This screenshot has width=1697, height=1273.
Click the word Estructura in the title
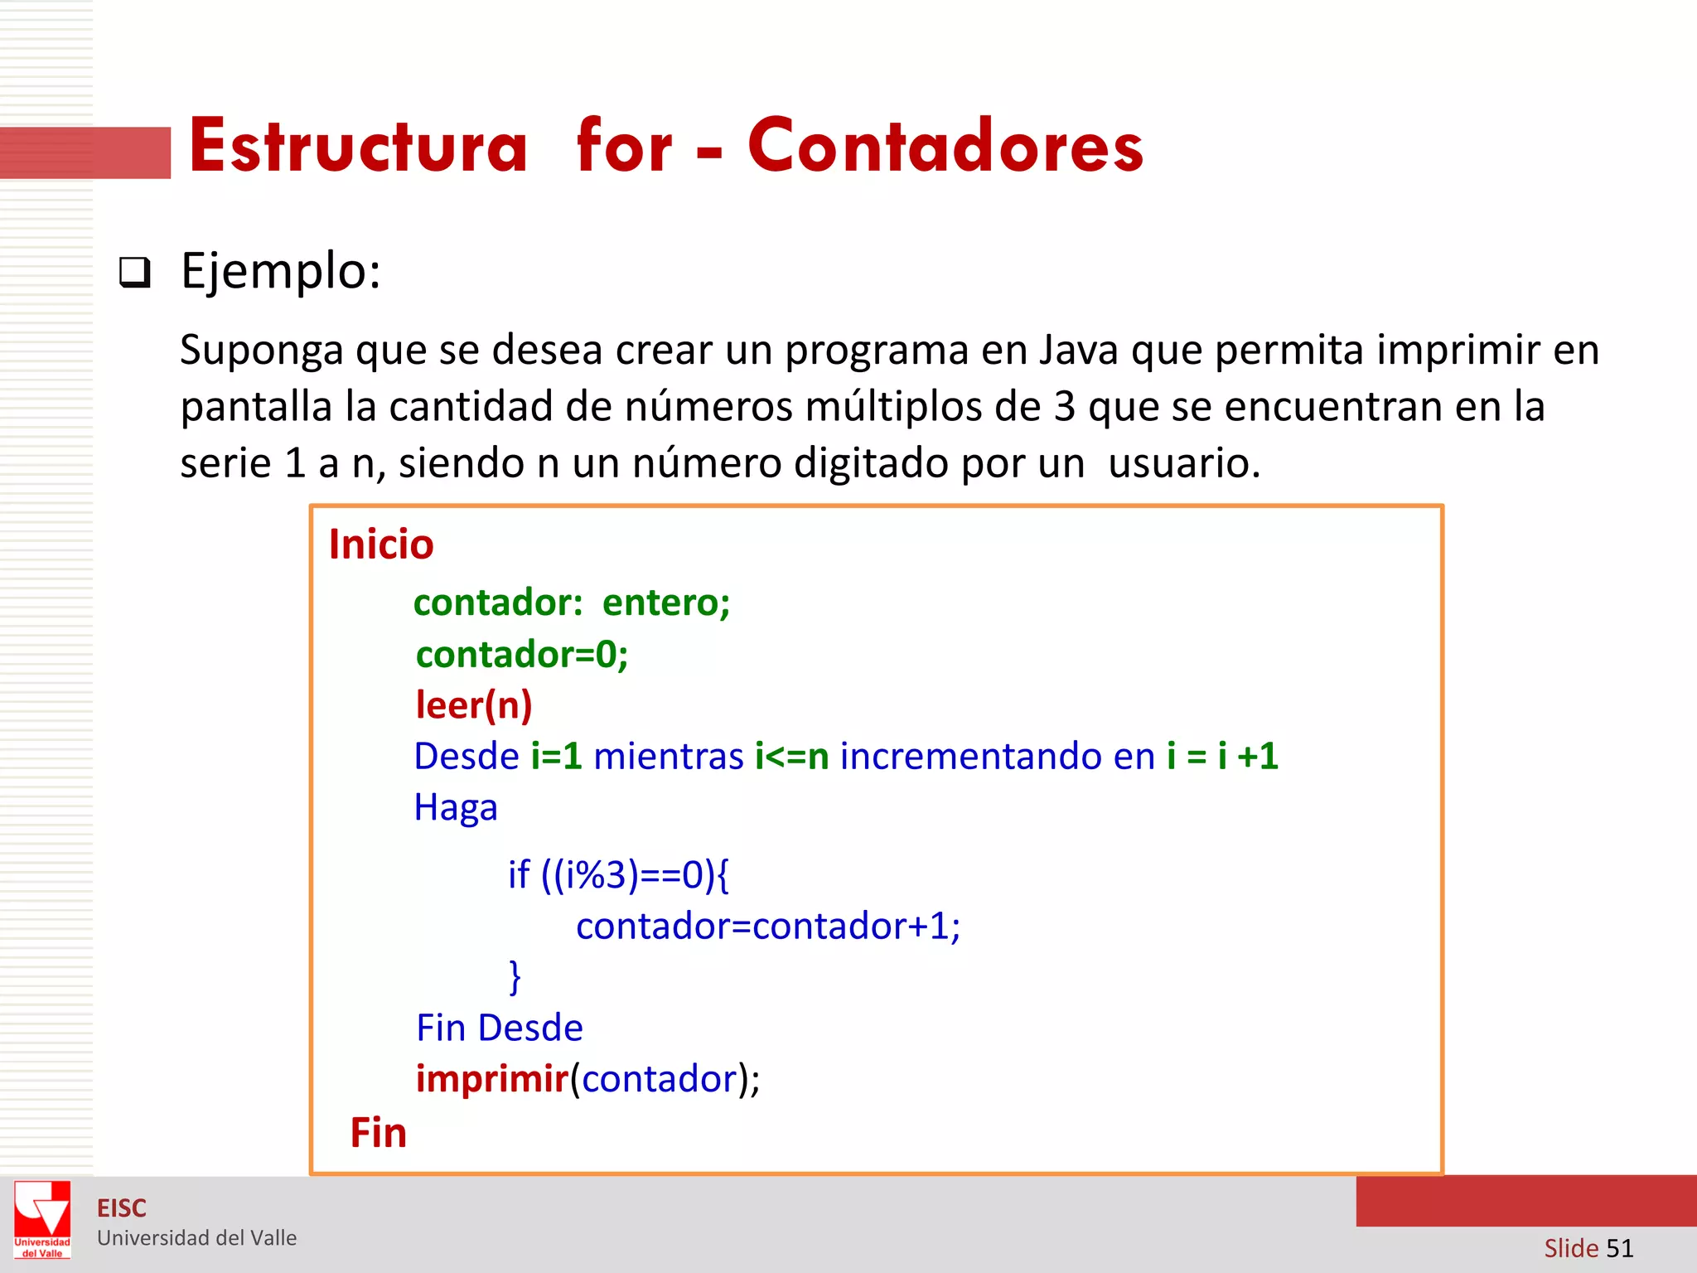358,146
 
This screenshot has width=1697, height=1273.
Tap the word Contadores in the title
945,146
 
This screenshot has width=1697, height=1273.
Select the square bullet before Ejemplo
135,272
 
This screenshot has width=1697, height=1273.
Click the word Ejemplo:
281,271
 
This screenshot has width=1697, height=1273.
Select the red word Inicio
381,545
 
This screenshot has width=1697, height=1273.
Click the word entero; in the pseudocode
666,603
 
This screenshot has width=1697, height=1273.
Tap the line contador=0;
522,655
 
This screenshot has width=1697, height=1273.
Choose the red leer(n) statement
474,705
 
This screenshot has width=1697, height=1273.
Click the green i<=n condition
791,756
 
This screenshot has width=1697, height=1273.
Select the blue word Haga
456,807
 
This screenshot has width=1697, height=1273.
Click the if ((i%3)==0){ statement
618,874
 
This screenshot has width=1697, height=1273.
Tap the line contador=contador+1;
768,926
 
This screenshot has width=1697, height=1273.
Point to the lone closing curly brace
515,976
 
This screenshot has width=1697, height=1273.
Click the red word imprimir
492,1079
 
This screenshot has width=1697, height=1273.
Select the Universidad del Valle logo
42,1220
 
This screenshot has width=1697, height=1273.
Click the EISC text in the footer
122,1208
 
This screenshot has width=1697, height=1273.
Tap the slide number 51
1619,1248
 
